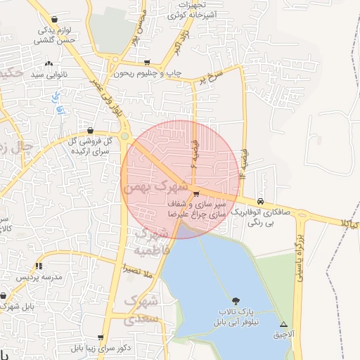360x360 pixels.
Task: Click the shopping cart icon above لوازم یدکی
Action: tap(55, 20)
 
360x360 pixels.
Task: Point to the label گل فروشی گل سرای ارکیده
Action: tap(89, 146)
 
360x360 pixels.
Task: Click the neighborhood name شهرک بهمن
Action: tap(155, 188)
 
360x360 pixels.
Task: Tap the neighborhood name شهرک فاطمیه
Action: tap(152, 241)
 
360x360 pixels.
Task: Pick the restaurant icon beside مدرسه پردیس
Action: tap(39, 266)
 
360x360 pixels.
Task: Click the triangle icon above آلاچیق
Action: tap(283, 324)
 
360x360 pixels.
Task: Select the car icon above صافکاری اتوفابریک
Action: tap(262, 200)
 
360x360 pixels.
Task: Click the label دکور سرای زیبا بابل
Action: tap(91, 348)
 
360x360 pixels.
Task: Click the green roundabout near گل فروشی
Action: tap(125, 136)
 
